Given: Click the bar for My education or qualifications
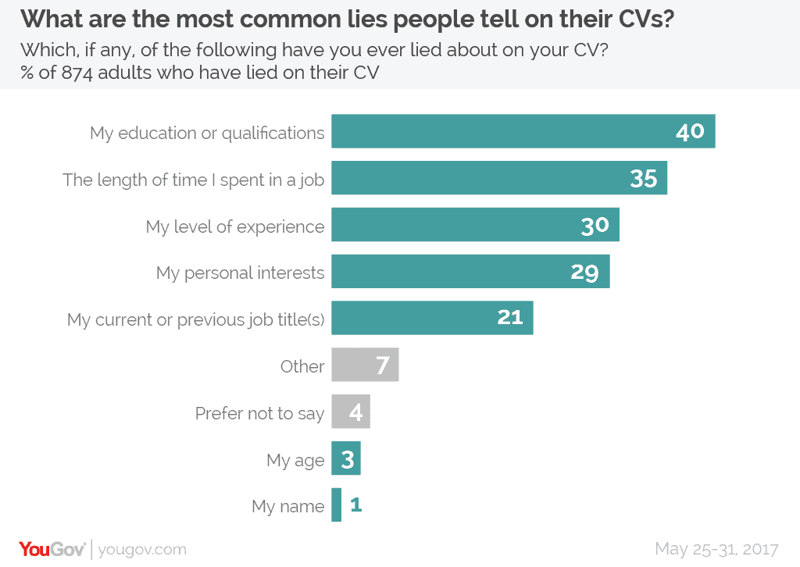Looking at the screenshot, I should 500,131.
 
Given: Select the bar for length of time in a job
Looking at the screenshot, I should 477,178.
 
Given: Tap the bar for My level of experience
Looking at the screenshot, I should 453,225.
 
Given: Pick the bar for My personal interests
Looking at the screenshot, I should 449,272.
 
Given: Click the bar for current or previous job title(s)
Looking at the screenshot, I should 414,318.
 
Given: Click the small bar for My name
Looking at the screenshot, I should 337,505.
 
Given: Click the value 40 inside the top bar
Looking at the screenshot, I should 690,132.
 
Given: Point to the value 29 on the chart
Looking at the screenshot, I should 584,272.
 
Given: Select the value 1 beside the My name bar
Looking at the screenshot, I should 356,505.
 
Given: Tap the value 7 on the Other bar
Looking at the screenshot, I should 383,366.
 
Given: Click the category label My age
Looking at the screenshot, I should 295,460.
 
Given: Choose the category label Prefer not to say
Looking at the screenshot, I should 259,413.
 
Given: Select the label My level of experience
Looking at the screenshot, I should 235,226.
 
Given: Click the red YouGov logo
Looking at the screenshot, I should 52,548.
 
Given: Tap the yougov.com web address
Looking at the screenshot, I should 143,549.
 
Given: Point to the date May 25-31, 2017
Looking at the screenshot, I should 717,548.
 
